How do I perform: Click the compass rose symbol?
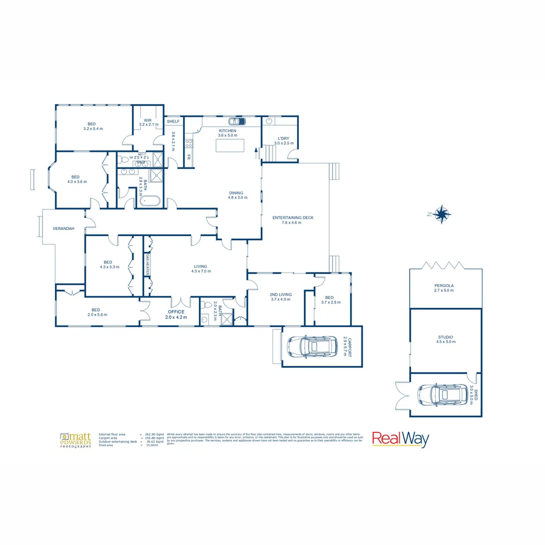[x=442, y=214]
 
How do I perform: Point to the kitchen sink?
[x=237, y=121]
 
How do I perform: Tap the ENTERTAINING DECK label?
[x=293, y=217]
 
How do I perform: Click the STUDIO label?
[x=445, y=337]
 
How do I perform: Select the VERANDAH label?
[x=64, y=229]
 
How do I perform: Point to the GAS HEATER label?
[x=148, y=264]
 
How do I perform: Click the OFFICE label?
[x=176, y=312]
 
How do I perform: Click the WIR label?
[x=148, y=120]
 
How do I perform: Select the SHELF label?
[x=173, y=122]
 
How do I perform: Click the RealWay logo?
[x=400, y=439]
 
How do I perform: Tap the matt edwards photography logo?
[x=76, y=440]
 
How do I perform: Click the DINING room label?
[x=236, y=193]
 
